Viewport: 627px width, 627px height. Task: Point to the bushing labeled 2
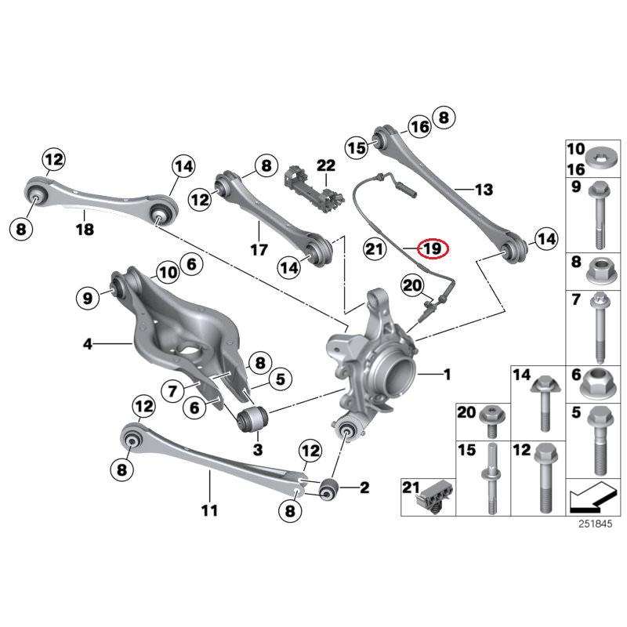pyautogui.click(x=329, y=487)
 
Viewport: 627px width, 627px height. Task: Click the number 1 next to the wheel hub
pyautogui.click(x=446, y=375)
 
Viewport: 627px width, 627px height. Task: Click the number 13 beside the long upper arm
pyautogui.click(x=484, y=190)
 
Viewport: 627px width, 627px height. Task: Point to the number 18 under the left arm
pyautogui.click(x=84, y=230)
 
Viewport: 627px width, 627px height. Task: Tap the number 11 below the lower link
pyautogui.click(x=208, y=511)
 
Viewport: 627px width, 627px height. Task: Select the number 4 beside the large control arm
pyautogui.click(x=88, y=343)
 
